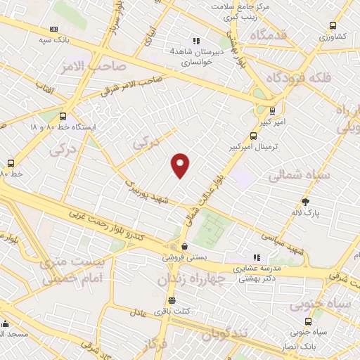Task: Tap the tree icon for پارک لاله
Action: pos(304,201)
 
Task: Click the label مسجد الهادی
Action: pos(14,334)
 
